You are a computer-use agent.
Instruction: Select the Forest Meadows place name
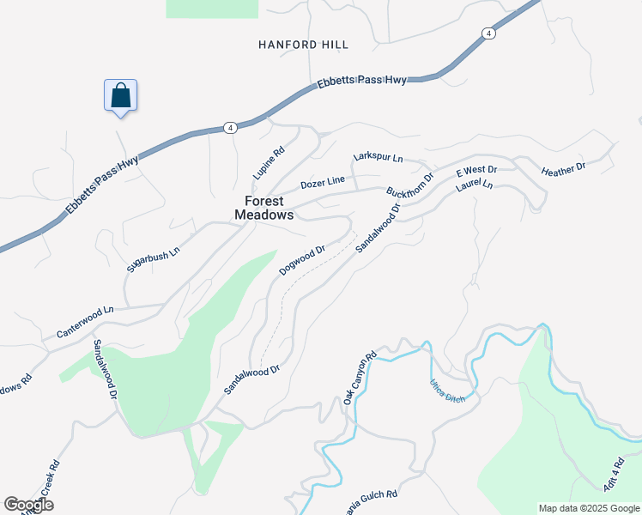click(x=263, y=209)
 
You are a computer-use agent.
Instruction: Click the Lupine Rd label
click(x=268, y=164)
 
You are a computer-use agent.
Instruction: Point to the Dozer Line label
click(x=323, y=182)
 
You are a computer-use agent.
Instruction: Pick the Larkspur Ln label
click(x=378, y=158)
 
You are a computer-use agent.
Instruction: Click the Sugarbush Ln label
click(x=154, y=257)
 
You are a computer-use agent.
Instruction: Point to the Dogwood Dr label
click(x=302, y=261)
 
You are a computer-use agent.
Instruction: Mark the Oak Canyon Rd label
click(x=360, y=379)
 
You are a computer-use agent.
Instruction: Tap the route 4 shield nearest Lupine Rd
click(x=229, y=127)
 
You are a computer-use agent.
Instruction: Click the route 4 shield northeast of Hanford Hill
click(x=488, y=33)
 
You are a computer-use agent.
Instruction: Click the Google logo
click(x=28, y=505)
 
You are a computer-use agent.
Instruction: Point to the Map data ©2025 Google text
click(x=589, y=508)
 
